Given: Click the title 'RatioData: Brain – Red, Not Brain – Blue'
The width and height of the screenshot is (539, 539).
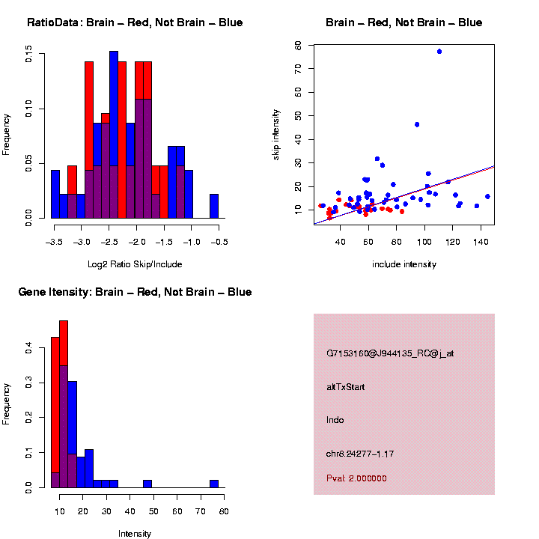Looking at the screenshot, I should [135, 22].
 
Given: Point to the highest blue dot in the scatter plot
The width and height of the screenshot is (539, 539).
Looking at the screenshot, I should [439, 52].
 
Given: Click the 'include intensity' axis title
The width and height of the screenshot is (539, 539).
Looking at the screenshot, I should [404, 264].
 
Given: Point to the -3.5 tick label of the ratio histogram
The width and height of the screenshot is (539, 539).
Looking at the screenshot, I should [52, 242].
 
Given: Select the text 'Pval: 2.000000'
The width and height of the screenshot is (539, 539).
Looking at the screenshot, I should [356, 478].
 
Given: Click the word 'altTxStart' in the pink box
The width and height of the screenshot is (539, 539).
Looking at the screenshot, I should [345, 387].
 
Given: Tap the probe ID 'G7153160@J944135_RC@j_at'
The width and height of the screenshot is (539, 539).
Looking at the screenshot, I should [389, 353].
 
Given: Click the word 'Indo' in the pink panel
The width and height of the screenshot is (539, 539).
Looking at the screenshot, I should [335, 420].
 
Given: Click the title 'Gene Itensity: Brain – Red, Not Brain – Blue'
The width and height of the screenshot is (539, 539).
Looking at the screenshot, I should [135, 292].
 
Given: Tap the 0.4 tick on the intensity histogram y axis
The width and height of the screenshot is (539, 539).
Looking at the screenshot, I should [28, 348].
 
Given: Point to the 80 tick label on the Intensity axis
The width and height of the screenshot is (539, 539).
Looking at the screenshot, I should [223, 511].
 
